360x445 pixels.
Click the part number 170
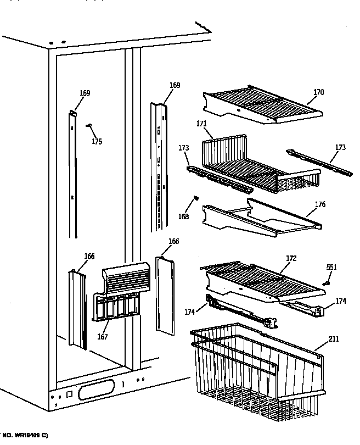coord(318,92)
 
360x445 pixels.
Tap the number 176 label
coord(320,204)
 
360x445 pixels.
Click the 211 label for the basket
coord(334,339)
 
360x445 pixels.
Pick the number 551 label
coord(331,267)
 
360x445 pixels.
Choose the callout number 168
coord(183,216)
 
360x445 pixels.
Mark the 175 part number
coord(97,142)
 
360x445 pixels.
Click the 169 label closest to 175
coord(84,93)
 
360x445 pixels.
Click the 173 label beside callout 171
coord(183,148)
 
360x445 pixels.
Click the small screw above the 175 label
coord(88,126)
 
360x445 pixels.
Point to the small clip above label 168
coord(196,199)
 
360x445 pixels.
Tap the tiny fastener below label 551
coord(326,283)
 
